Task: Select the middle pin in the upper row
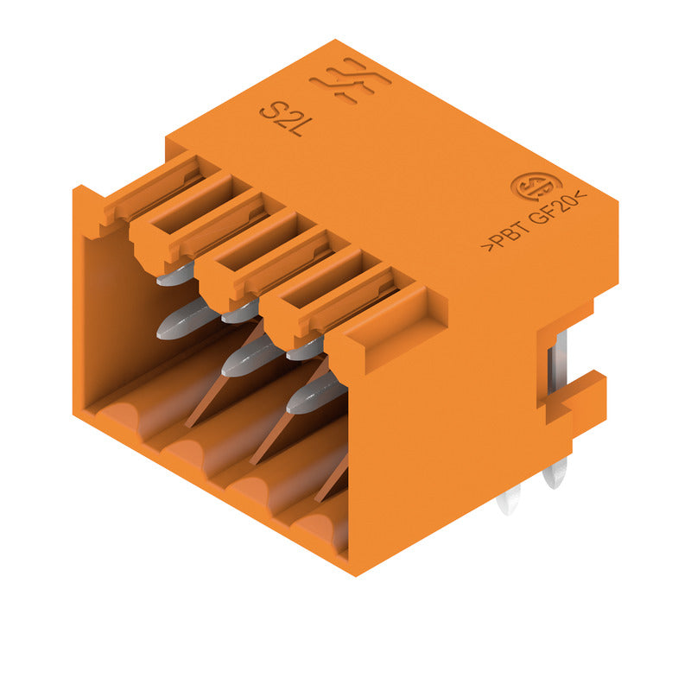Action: coord(239,312)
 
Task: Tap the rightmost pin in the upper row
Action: coord(304,348)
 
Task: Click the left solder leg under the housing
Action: coord(510,501)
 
